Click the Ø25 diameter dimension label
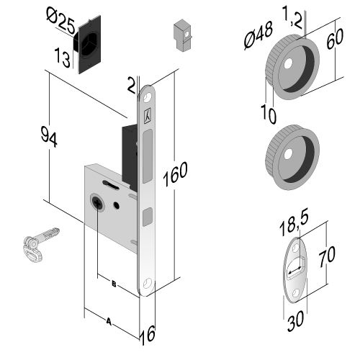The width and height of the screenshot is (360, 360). pos(60,21)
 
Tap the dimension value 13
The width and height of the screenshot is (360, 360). pos(62,58)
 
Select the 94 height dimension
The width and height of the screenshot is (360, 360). pos(49,137)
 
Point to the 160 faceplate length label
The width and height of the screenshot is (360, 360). pos(175,174)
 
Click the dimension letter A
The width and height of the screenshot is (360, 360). pos(109,321)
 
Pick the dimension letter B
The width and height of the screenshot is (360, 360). pos(114,284)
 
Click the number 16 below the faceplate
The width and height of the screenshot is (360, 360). pos(148,335)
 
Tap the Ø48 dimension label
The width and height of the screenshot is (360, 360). pos(258,35)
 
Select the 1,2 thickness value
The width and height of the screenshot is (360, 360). pos(292,17)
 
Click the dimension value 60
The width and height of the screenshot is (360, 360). pos(335,38)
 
